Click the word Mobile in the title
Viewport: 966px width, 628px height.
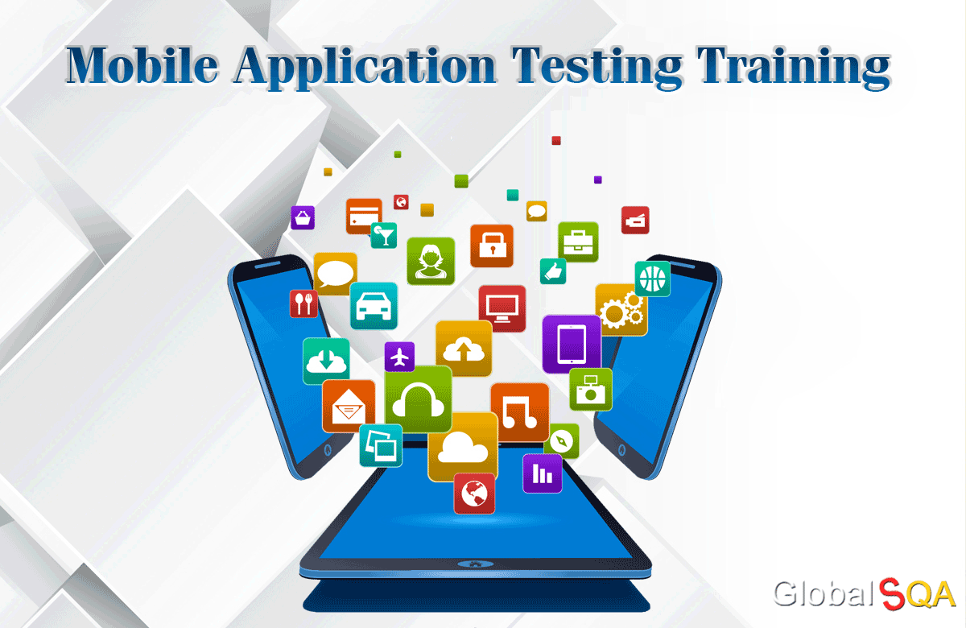click(x=142, y=65)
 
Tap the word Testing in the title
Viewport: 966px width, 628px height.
click(x=597, y=68)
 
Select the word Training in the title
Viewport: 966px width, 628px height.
click(x=794, y=68)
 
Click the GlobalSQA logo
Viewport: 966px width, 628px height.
click(x=864, y=594)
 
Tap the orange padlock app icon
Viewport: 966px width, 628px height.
click(x=492, y=246)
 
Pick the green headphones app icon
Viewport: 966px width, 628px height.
click(x=418, y=399)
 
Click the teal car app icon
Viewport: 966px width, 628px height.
click(x=374, y=305)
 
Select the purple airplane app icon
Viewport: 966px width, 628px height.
click(x=399, y=356)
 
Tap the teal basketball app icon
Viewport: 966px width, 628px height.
click(x=653, y=279)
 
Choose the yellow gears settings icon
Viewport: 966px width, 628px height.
click(x=621, y=310)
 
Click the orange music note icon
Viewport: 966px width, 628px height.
click(x=520, y=412)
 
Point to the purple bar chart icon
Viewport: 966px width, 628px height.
click(x=542, y=473)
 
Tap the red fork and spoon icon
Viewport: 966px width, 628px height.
click(x=303, y=304)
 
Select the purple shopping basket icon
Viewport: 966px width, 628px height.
click(x=303, y=217)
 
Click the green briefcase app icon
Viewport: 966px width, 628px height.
click(x=578, y=242)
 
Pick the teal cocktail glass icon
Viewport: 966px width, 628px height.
click(x=383, y=235)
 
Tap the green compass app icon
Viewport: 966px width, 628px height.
click(x=562, y=441)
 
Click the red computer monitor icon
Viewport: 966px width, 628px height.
click(x=502, y=308)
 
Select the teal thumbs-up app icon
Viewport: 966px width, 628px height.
click(x=553, y=271)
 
